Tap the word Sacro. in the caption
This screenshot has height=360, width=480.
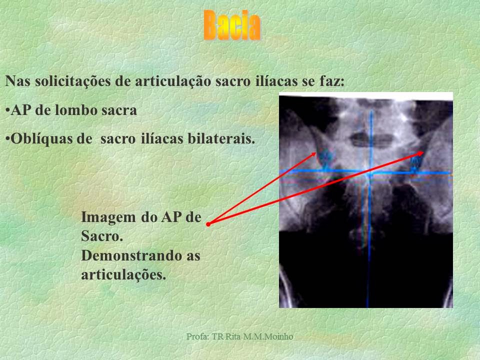[x=101, y=237]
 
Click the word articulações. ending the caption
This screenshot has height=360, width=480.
[x=123, y=274]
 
